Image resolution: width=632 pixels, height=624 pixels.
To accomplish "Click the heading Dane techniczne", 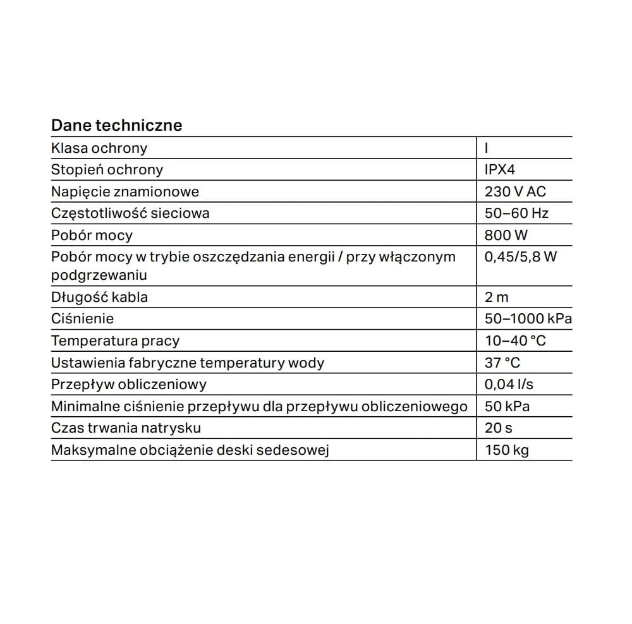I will [x=116, y=125].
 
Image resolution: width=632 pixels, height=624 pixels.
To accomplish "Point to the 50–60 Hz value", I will [x=516, y=213].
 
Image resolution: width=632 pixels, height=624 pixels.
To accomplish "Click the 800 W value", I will [x=506, y=235].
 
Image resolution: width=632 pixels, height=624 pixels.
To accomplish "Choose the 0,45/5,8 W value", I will [x=521, y=257].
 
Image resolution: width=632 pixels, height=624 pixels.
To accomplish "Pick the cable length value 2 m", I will [x=496, y=297].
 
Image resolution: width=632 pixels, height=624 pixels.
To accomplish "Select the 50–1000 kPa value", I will [x=528, y=319].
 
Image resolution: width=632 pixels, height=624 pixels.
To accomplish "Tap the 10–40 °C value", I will [x=515, y=341].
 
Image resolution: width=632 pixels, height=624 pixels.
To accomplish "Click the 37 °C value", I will [x=502, y=363].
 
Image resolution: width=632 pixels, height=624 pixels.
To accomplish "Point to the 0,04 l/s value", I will [x=509, y=385].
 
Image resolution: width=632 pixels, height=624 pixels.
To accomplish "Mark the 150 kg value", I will [x=507, y=450].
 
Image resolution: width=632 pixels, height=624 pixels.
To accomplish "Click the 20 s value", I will [x=499, y=428].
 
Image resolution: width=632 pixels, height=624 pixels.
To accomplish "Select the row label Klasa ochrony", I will [x=99, y=148].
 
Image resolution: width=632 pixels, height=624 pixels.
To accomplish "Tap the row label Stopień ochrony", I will [x=107, y=169].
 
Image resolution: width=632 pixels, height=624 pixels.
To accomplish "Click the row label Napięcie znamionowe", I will [x=125, y=191].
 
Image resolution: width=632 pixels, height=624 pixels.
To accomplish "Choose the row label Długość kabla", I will [x=99, y=297].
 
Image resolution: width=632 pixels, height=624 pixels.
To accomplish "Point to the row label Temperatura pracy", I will [x=115, y=341].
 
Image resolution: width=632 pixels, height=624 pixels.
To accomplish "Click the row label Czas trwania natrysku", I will [x=126, y=428].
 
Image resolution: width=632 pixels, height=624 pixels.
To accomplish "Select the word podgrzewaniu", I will [x=99, y=275].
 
